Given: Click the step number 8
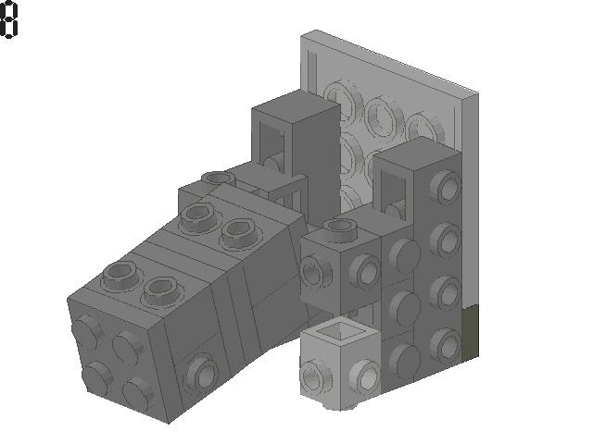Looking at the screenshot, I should coord(8,20).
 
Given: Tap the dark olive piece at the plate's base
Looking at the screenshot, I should coord(471,330).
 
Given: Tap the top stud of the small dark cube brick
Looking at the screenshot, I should coord(339,228).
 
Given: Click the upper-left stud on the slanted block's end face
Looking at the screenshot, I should coord(89,330).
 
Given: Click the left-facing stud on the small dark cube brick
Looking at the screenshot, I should coord(314,274).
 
